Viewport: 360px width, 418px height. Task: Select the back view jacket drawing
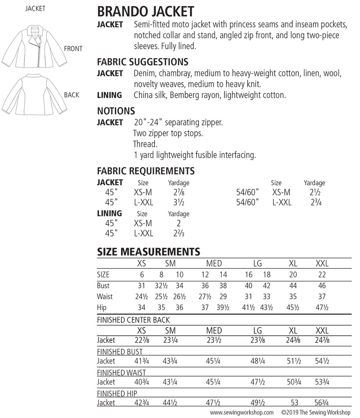(34, 94)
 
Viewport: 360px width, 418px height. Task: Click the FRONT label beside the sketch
(73, 49)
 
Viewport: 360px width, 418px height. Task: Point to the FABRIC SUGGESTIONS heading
(143, 62)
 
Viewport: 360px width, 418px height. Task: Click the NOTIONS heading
(116, 111)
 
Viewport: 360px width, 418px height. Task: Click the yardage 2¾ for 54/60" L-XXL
(316, 203)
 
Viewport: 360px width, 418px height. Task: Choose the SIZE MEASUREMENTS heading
(148, 252)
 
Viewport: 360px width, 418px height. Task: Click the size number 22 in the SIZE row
(322, 275)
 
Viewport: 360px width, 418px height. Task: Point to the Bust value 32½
(161, 286)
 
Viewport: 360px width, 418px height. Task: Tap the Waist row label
(105, 297)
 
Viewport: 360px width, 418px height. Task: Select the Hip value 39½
(223, 307)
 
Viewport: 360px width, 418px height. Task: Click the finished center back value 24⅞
(322, 340)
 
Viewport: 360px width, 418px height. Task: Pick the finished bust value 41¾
(141, 361)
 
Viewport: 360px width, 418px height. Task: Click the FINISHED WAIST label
(121, 373)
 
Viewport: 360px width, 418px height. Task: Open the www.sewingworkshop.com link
(242, 412)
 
